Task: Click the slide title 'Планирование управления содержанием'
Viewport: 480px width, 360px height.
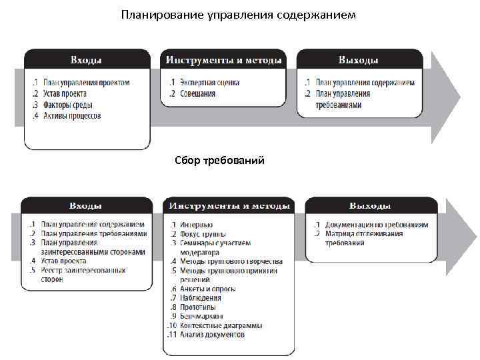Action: [x=239, y=14]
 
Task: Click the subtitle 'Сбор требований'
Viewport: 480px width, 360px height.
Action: [x=219, y=160]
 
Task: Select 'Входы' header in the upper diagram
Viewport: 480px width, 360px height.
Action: [x=87, y=60]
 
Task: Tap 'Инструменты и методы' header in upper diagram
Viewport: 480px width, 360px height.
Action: [x=223, y=60]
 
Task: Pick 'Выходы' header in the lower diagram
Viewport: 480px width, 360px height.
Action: [x=371, y=206]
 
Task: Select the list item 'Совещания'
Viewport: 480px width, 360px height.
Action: [x=197, y=94]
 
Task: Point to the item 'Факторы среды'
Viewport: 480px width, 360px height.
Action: [x=65, y=105]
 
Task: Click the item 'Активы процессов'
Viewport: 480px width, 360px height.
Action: [x=72, y=116]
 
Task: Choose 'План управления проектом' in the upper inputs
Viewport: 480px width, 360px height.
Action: [x=86, y=83]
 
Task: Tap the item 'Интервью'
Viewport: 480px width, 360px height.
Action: [x=196, y=225]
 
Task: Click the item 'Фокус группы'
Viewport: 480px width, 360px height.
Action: [x=203, y=234]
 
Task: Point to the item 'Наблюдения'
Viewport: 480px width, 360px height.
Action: [x=201, y=298]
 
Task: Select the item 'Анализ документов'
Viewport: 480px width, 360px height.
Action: [x=212, y=335]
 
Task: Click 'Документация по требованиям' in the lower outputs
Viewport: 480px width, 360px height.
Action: [x=377, y=225]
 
